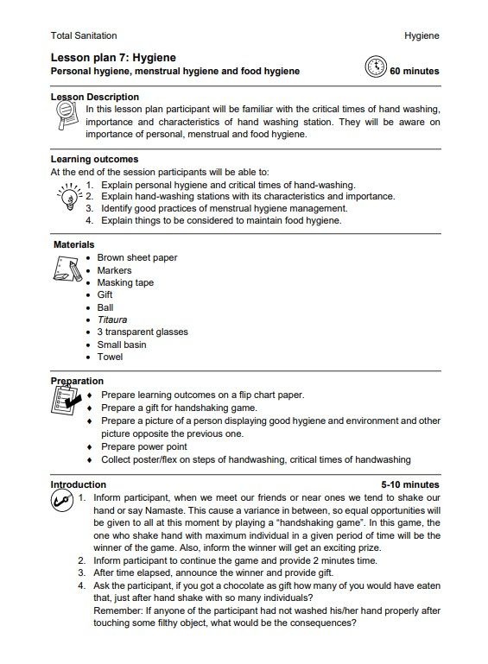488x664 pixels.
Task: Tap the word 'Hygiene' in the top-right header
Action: click(421, 35)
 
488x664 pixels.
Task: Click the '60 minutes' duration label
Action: click(414, 72)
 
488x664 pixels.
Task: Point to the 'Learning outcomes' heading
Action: click(94, 160)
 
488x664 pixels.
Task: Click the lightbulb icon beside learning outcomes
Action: click(68, 199)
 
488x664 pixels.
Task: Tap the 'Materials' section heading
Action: click(74, 245)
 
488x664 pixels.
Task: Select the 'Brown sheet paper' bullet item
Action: click(137, 258)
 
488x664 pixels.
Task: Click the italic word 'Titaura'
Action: click(111, 319)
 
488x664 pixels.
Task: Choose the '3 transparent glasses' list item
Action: click(142, 332)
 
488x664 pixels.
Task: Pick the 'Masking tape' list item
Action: click(125, 282)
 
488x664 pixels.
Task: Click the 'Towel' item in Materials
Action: click(110, 357)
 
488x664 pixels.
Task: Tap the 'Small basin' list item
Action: click(122, 345)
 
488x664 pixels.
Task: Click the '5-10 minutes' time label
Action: click(409, 485)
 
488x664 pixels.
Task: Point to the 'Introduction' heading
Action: click(79, 485)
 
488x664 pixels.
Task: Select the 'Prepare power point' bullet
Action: click(143, 447)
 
